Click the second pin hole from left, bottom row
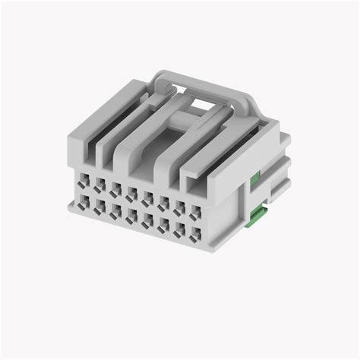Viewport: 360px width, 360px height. [x=99, y=207]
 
